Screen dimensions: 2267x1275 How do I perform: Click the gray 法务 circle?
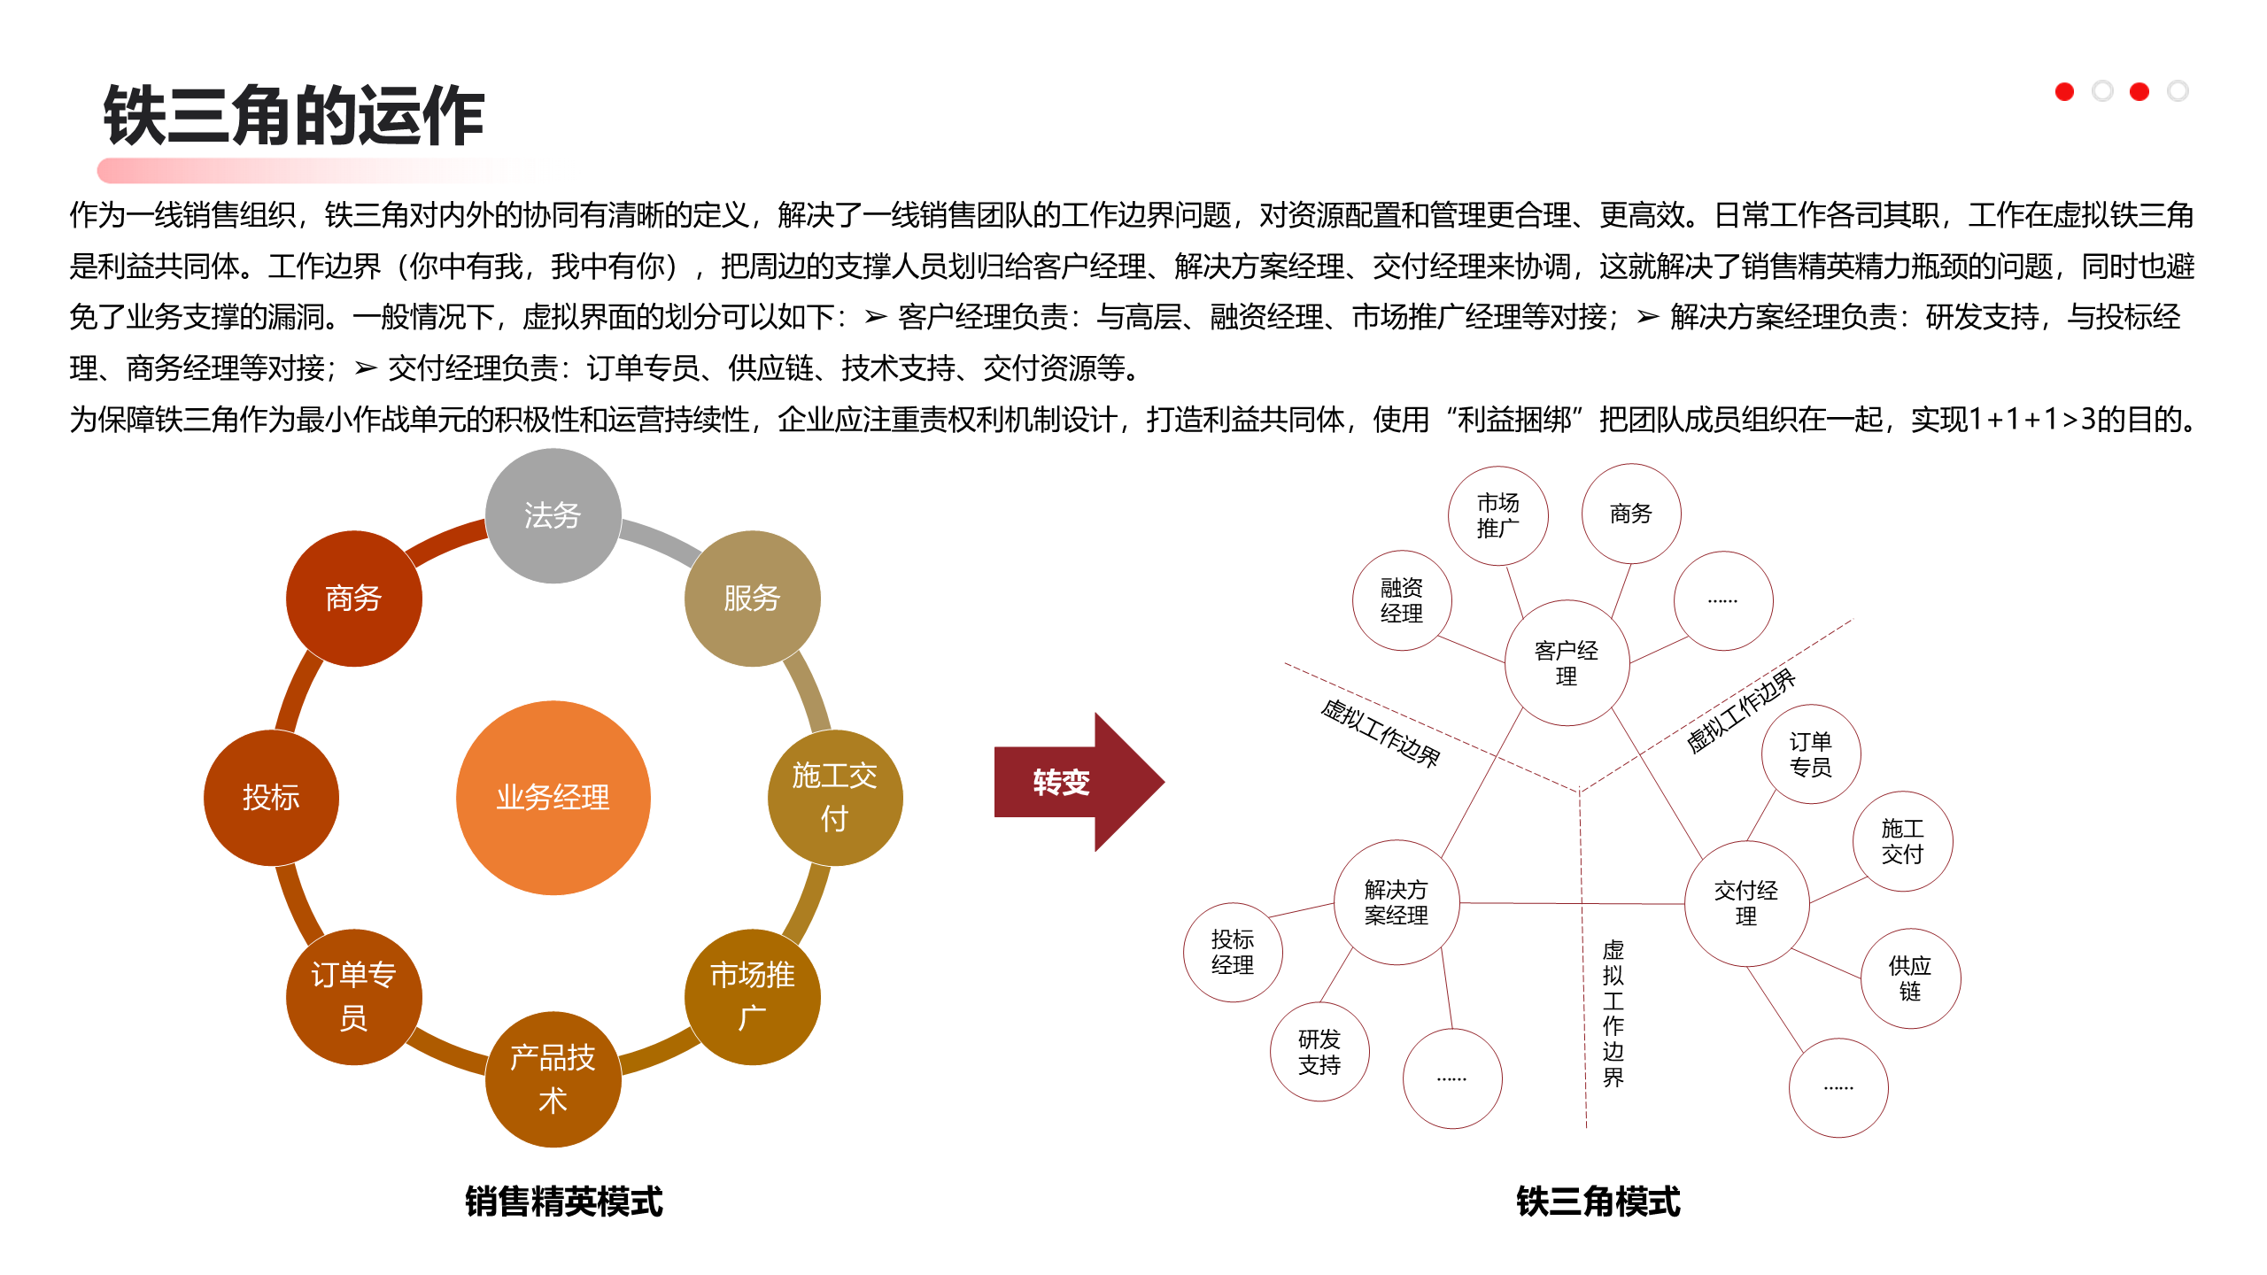pos(553,515)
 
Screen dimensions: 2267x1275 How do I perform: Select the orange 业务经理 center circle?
pos(553,797)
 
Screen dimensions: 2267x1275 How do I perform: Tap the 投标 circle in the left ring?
pos(271,797)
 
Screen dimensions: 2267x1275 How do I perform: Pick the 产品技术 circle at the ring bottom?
pos(553,1078)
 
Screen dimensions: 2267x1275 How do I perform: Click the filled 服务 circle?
pos(752,598)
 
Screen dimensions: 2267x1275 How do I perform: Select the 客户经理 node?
pos(1567,663)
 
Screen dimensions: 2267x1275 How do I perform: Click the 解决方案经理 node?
pos(1397,902)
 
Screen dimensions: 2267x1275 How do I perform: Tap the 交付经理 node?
pos(1745,903)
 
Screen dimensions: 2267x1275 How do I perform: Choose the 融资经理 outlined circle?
pos(1401,600)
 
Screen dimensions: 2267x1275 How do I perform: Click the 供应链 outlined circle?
pos(1910,977)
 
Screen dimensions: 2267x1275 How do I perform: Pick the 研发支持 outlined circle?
pos(1319,1051)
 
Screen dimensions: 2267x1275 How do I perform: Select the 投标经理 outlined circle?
pos(1233,952)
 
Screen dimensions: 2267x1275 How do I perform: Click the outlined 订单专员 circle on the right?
pos(1810,753)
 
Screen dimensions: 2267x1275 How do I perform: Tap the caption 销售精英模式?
pos(564,1202)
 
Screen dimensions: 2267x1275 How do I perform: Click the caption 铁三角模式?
pos(1598,1202)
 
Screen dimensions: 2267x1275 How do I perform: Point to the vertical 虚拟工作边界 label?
pos(1613,1013)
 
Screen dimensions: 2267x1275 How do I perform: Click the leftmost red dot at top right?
pos(2064,91)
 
